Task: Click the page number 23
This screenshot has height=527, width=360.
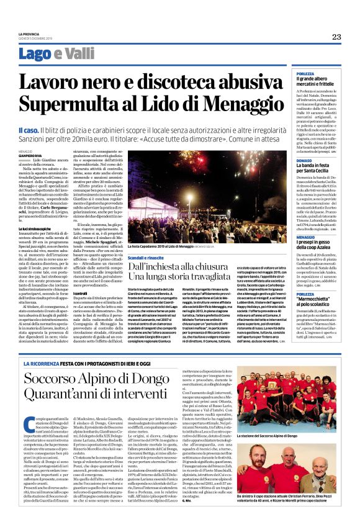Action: pyautogui.click(x=336, y=37)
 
